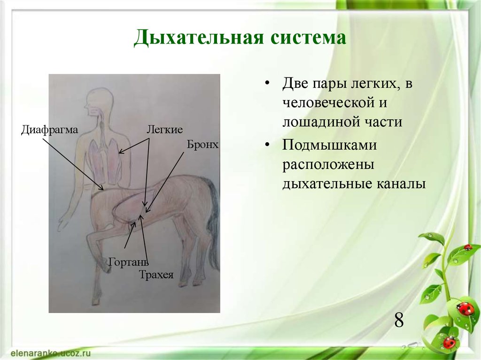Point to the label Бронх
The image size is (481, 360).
203,144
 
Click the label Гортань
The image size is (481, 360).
128,261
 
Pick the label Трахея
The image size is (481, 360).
156,275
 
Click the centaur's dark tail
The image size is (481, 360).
214,221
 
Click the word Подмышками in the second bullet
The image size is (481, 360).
330,146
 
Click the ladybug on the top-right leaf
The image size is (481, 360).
467,247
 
